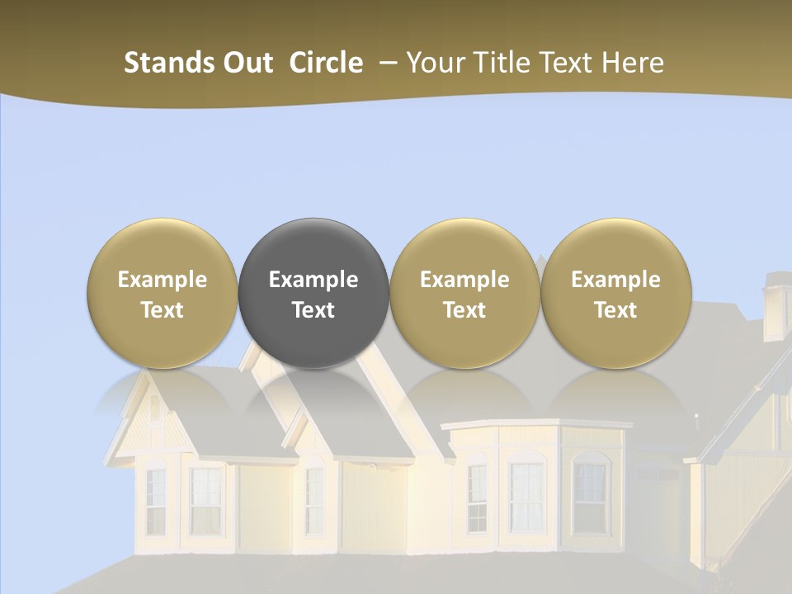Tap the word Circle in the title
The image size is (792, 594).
pos(326,63)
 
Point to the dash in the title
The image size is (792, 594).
pos(385,63)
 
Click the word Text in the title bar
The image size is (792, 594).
pos(563,63)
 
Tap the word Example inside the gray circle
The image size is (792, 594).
pos(313,280)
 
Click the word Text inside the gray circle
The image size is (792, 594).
pos(313,310)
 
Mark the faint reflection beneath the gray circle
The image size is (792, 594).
pos(313,396)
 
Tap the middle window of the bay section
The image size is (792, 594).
pos(525,495)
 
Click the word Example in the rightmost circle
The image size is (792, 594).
pos(615,280)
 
